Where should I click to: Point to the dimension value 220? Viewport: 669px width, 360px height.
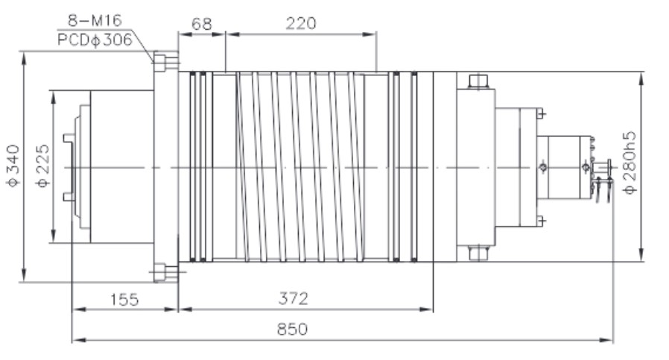click(x=300, y=23)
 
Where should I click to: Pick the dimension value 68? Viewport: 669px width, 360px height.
click(x=201, y=23)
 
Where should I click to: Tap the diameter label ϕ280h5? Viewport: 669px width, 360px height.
click(x=630, y=163)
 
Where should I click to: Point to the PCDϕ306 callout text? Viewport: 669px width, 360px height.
click(x=95, y=40)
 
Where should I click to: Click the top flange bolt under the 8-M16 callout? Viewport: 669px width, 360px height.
click(x=165, y=60)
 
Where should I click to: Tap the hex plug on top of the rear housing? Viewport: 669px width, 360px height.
click(x=477, y=80)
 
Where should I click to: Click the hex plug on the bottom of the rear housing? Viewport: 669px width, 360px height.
click(x=477, y=254)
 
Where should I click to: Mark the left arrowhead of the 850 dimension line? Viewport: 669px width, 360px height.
click(x=75, y=341)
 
